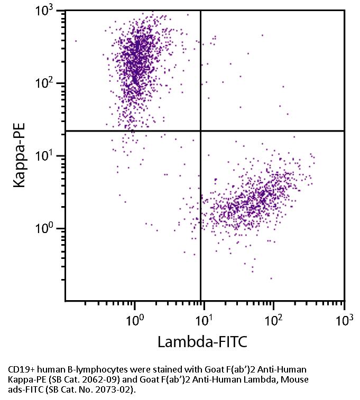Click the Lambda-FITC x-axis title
click(x=202, y=342)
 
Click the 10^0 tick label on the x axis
click(x=135, y=319)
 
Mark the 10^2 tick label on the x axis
click(x=274, y=319)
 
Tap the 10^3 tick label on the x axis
click(x=344, y=319)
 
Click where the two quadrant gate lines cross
click(x=201, y=131)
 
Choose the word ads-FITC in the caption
click(x=25, y=390)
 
